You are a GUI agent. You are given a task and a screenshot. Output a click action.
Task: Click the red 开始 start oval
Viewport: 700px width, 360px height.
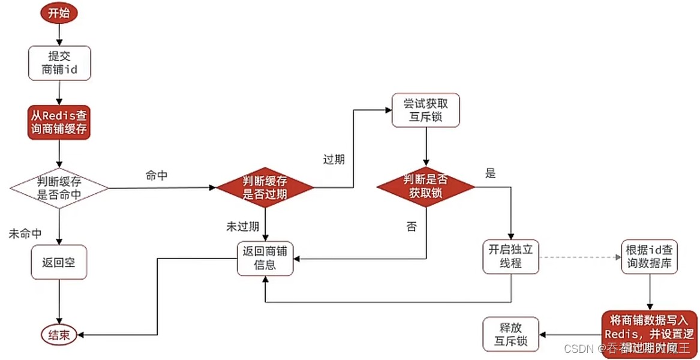[x=59, y=14]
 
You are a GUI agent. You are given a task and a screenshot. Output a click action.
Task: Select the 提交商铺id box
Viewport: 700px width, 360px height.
[x=59, y=63]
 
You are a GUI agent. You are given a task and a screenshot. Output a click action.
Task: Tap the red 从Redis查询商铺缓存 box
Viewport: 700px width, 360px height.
[x=59, y=122]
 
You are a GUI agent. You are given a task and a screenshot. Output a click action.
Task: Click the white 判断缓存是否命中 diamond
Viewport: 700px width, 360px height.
[x=59, y=188]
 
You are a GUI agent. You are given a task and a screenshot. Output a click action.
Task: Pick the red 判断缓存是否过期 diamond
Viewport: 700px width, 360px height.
[x=265, y=188]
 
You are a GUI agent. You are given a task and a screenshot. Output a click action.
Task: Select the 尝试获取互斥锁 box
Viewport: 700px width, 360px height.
[x=425, y=110]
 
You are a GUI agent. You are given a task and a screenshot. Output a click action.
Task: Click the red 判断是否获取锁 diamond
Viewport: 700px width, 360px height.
[x=425, y=187]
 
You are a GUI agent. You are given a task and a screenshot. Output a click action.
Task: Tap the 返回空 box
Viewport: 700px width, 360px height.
[x=59, y=262]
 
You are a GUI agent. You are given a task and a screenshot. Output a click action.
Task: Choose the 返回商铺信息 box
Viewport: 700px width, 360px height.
[x=265, y=258]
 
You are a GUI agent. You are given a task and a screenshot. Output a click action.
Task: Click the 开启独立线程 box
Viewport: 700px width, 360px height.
[x=510, y=256]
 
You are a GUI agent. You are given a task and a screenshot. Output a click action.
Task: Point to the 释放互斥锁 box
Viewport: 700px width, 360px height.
[x=510, y=334]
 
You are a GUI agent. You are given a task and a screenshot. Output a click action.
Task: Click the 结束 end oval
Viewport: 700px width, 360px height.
[x=59, y=335]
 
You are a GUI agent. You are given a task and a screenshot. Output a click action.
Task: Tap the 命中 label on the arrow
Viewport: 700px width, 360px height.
[x=157, y=175]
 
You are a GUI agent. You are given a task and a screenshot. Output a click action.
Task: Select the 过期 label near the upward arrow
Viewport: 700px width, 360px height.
[x=334, y=160]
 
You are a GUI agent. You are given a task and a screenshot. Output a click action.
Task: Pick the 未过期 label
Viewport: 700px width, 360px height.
[x=242, y=227]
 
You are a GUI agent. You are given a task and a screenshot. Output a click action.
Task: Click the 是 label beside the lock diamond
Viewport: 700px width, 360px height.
[x=491, y=174]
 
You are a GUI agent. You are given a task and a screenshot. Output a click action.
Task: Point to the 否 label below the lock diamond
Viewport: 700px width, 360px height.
[x=411, y=227]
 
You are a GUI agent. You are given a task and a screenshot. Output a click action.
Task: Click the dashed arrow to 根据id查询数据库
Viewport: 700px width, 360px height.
[x=579, y=257]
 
